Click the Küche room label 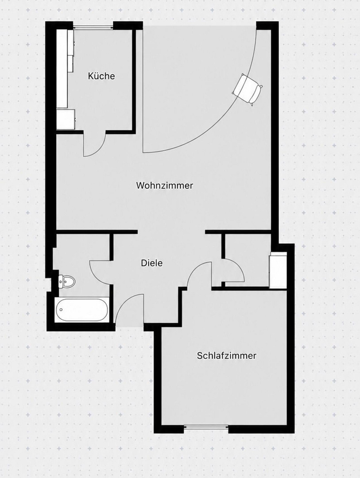pyautogui.click(x=101, y=76)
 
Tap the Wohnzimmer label pyautogui.click(x=164, y=185)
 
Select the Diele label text pyautogui.click(x=151, y=263)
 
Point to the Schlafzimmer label pyautogui.click(x=226, y=355)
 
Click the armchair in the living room pyautogui.click(x=248, y=89)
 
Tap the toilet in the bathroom pyautogui.click(x=66, y=281)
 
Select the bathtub pyautogui.click(x=82, y=309)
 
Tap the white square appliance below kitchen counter pyautogui.click(x=66, y=119)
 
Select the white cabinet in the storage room pyautogui.click(x=278, y=270)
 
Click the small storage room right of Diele pyautogui.click(x=247, y=261)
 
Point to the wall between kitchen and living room pyautogui.click(x=134, y=79)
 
